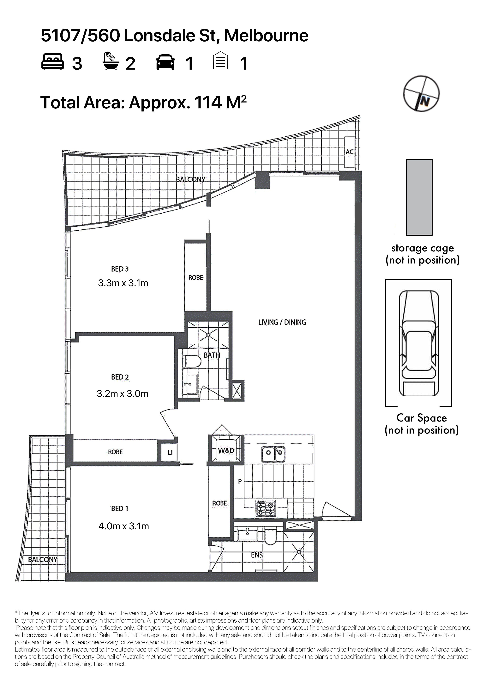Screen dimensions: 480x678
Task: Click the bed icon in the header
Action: coord(52,61)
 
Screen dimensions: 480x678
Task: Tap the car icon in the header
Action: coord(165,62)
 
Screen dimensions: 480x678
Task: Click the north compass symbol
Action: coord(421,94)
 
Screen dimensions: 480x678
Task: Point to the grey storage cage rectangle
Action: coord(419,197)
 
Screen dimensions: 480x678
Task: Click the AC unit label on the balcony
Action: coord(350,152)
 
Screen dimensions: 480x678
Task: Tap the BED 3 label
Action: coord(120,269)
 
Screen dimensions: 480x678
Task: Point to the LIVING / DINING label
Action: coord(282,322)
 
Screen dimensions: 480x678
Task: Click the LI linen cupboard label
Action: coord(170,452)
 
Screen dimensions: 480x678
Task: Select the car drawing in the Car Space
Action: coord(419,343)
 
